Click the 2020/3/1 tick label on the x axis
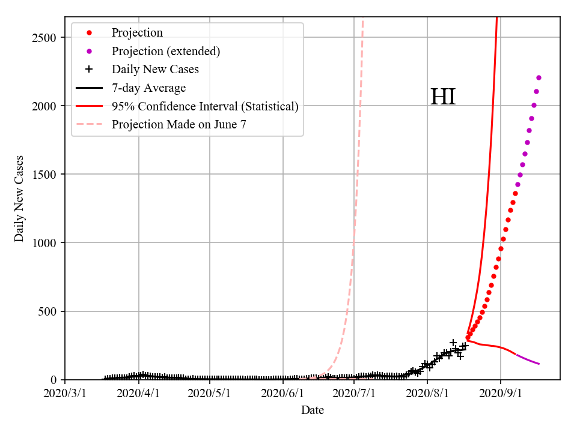pos(65,394)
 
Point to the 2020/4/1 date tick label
pos(139,394)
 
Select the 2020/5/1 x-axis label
pos(210,394)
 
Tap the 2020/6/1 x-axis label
pos(283,394)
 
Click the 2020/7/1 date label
pos(355,394)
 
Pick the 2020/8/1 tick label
pos(427,394)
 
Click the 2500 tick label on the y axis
pos(44,38)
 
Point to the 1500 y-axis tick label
pos(44,175)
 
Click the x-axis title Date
pos(313,410)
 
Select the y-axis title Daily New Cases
pos(20,199)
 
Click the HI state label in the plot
pos(443,97)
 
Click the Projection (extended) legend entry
pos(166,51)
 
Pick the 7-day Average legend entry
pos(148,88)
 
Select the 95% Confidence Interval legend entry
pos(205,107)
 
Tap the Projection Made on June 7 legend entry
pos(179,125)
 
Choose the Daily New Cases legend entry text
pos(155,70)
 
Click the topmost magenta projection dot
pos(539,77)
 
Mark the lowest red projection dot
pos(468,338)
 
